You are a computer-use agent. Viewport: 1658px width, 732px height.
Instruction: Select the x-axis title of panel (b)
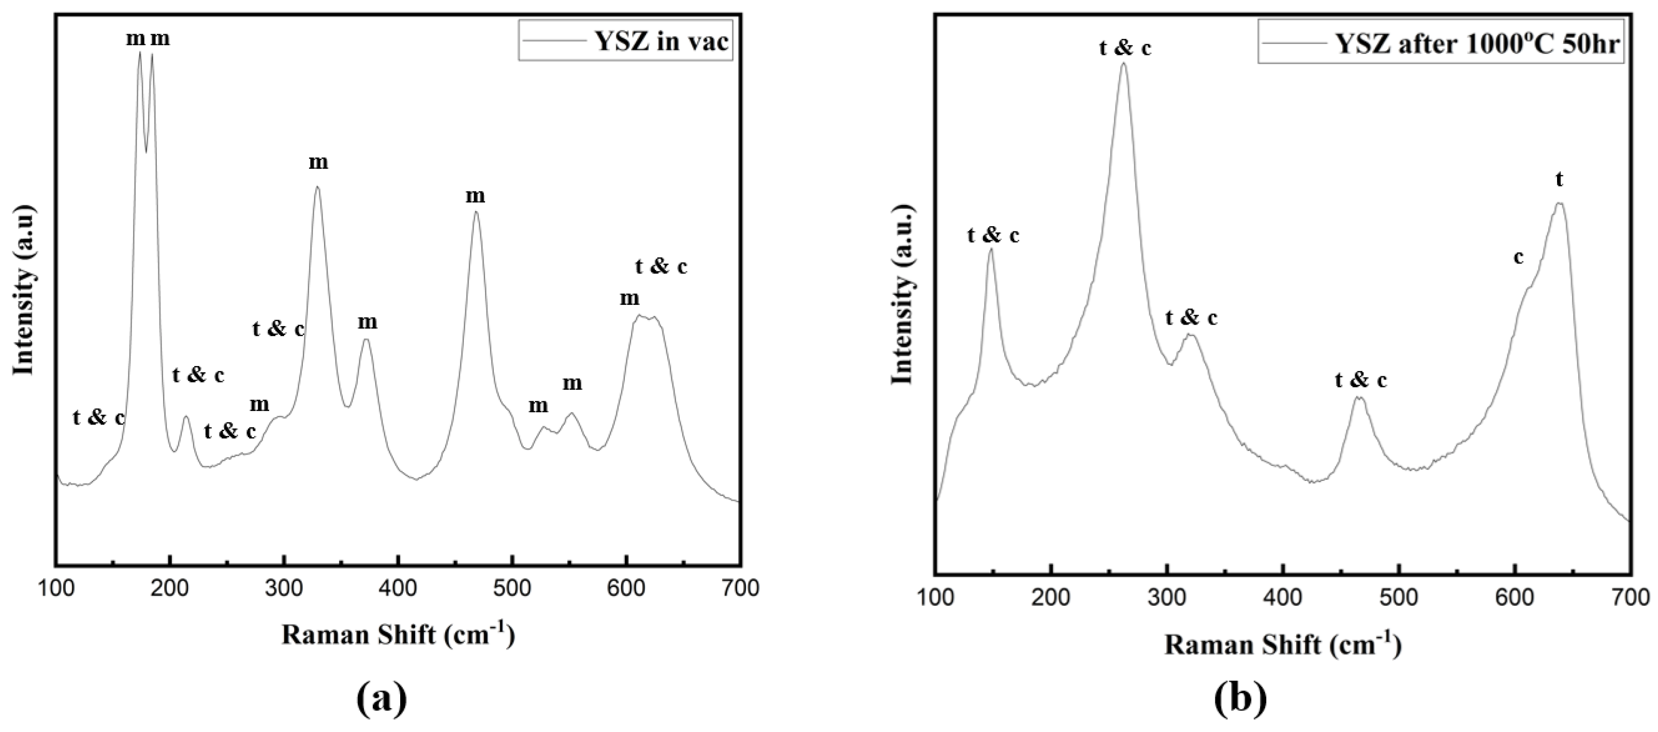tap(1282, 644)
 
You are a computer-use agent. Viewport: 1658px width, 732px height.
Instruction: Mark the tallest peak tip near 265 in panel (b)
tap(1124, 63)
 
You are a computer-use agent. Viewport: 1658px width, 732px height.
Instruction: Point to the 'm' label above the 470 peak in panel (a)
tap(475, 195)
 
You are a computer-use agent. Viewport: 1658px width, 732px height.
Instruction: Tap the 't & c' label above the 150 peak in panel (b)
tap(993, 236)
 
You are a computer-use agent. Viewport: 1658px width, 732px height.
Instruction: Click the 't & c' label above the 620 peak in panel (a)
tap(661, 266)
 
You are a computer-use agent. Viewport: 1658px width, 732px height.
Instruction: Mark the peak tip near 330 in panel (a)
tap(317, 187)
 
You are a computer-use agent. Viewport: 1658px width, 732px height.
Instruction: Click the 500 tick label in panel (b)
tap(1399, 597)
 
